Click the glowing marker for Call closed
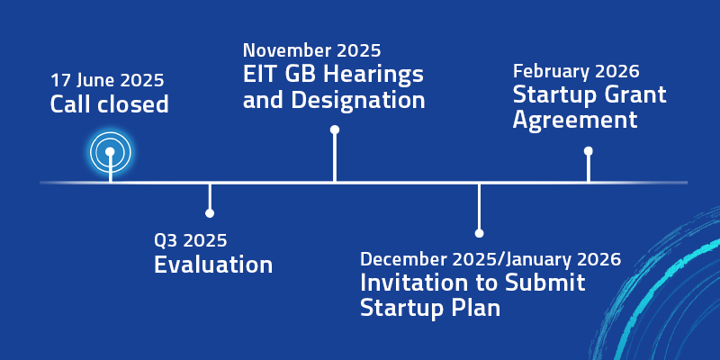(x=110, y=152)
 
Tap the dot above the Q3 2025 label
(x=210, y=213)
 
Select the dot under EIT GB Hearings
(x=335, y=130)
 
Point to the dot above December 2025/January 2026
(x=479, y=233)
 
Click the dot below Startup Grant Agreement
(x=589, y=151)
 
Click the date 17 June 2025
(x=107, y=81)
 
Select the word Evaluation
(x=213, y=265)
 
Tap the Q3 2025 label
(x=191, y=239)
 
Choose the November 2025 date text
(x=312, y=50)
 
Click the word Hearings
(x=373, y=75)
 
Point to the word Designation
(x=358, y=100)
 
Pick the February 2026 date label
(x=576, y=72)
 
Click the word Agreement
(x=575, y=121)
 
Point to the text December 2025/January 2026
(x=490, y=259)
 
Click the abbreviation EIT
(x=258, y=75)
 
